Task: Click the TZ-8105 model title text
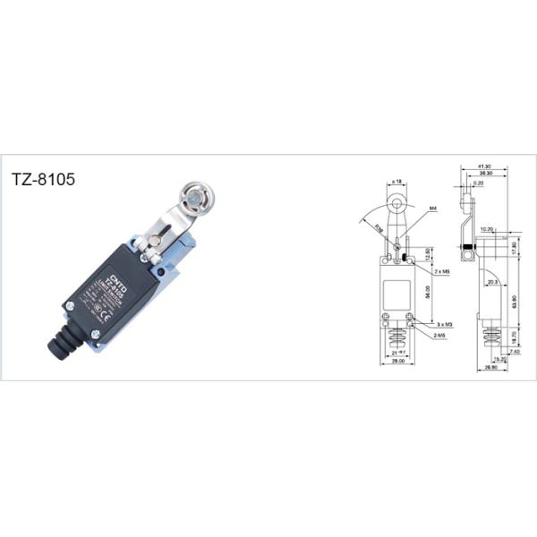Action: point(43,178)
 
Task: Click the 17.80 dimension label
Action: point(514,248)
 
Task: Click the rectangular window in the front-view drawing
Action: point(395,293)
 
